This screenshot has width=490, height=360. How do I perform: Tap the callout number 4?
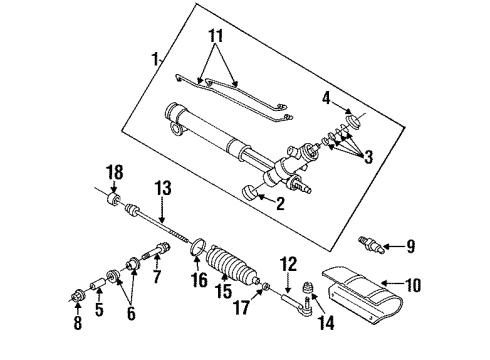click(x=327, y=97)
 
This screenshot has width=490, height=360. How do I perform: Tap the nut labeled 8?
click(x=78, y=298)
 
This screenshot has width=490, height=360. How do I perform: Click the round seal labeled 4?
click(x=352, y=123)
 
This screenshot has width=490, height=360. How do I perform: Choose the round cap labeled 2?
click(x=248, y=193)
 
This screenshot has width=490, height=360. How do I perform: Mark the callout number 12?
click(x=290, y=265)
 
